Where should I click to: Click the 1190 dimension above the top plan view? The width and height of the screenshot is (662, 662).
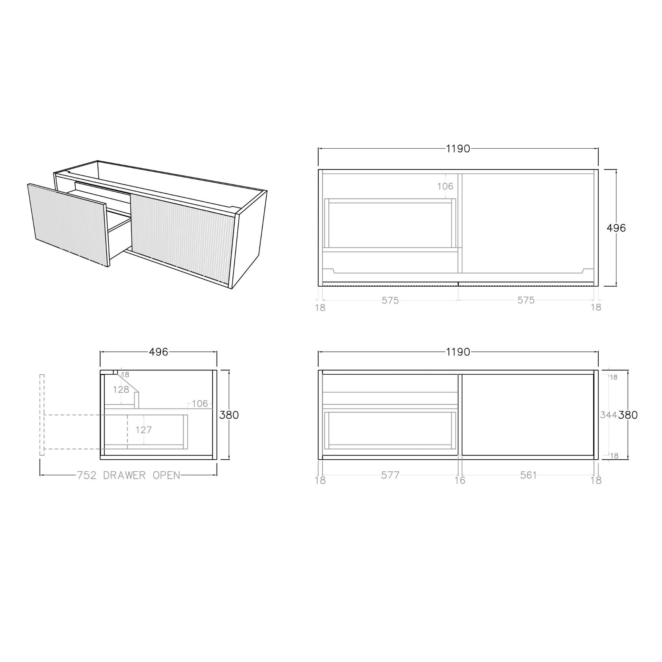(x=458, y=149)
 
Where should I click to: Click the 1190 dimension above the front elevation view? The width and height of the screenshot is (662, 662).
(x=458, y=352)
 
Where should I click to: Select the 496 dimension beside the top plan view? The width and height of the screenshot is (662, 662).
(x=616, y=228)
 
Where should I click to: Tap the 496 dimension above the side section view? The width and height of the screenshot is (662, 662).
(x=158, y=352)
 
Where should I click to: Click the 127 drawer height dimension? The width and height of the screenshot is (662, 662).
(x=143, y=430)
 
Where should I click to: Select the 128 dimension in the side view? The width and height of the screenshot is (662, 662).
(x=121, y=390)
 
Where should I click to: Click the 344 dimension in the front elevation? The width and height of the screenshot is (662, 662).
(x=608, y=415)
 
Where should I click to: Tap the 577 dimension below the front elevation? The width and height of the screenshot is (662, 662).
(x=390, y=475)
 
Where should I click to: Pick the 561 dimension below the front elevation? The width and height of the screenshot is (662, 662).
(x=528, y=475)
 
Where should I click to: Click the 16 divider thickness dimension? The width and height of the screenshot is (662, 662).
(x=460, y=480)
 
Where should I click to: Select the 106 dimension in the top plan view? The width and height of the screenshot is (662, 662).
(x=445, y=187)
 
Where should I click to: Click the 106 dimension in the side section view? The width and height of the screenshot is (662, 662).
(x=200, y=404)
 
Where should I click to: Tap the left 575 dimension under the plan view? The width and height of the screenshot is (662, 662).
(x=390, y=301)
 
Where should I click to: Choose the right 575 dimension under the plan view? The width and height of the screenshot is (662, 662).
(x=526, y=300)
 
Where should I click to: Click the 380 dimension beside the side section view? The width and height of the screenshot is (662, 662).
(x=229, y=415)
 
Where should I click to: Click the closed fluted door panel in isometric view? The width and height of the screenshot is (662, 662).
(x=182, y=236)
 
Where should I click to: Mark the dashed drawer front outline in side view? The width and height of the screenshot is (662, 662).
(x=42, y=415)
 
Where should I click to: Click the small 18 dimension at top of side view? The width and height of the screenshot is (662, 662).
(x=125, y=375)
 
